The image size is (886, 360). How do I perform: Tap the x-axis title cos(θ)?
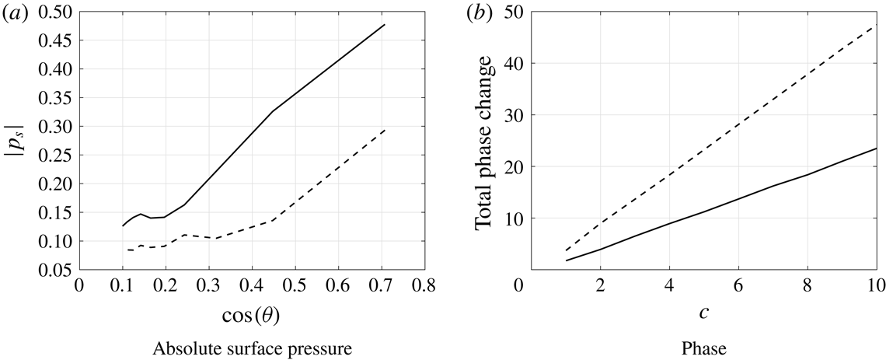click(251, 315)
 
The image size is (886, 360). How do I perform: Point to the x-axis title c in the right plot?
click(702, 315)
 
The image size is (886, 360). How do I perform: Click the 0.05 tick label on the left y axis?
click(55, 270)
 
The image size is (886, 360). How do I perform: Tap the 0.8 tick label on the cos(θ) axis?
click(424, 286)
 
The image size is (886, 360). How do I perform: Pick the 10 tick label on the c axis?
click(875, 286)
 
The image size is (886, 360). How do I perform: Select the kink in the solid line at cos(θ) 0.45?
click(273, 111)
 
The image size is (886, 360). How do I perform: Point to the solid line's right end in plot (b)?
click(876, 148)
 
